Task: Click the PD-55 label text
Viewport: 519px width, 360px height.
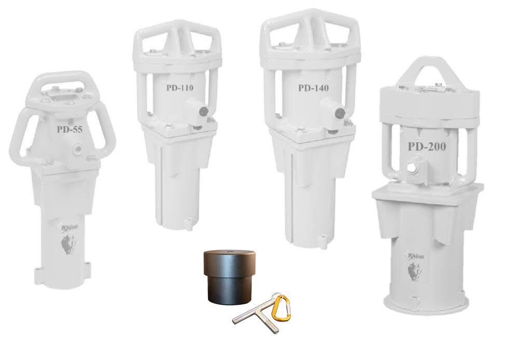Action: (x=70, y=129)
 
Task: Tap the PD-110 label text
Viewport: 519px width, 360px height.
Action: (x=180, y=88)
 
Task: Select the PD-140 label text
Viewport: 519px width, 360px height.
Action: (x=313, y=88)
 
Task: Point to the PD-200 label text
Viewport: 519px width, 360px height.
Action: (x=427, y=146)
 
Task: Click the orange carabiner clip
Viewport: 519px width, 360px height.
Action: (x=281, y=308)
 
